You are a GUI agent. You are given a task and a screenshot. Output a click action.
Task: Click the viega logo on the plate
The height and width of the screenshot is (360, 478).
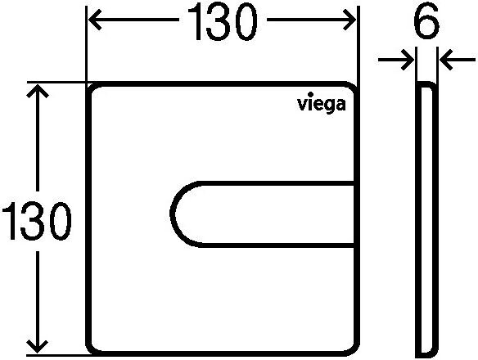[x=322, y=103]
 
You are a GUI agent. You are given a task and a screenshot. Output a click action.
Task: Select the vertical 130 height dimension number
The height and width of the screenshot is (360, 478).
[x=37, y=221]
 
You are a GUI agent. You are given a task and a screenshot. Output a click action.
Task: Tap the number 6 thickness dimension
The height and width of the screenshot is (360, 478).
[x=426, y=21]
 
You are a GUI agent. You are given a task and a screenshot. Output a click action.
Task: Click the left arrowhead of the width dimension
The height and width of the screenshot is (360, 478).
[x=94, y=20]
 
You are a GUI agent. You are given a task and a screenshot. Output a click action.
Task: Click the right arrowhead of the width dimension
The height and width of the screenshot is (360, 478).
[x=349, y=20]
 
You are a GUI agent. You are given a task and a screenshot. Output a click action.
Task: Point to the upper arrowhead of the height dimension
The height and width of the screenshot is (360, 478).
[x=38, y=91]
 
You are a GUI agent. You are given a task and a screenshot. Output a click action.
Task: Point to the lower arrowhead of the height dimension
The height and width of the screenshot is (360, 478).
[x=38, y=347]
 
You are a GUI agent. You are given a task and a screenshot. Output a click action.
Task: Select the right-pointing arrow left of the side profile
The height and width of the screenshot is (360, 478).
[x=396, y=60]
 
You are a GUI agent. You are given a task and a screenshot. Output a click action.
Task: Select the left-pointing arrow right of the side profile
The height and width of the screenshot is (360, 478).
[x=458, y=60]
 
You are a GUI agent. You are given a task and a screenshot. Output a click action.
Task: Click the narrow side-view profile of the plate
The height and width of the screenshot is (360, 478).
[x=426, y=219]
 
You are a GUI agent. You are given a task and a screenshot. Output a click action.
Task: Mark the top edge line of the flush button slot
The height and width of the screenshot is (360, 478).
[x=276, y=183]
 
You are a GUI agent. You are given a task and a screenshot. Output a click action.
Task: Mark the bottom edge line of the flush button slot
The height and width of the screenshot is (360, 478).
[x=276, y=245]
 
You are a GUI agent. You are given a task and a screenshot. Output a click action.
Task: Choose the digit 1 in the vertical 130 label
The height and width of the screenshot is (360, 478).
[x=11, y=221]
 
